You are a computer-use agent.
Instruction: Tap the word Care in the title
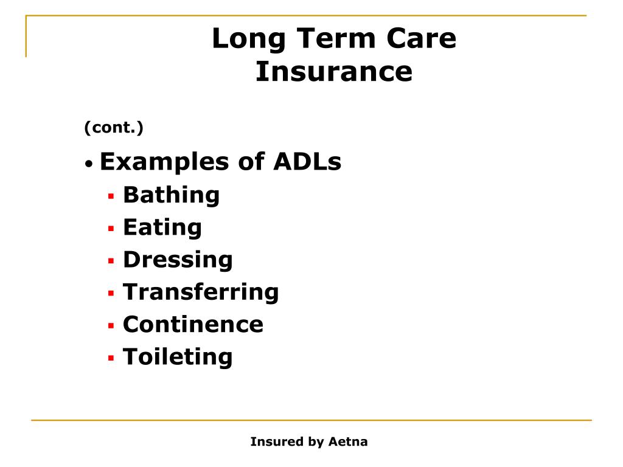pyautogui.click(x=420, y=40)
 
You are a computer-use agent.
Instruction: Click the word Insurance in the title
pyautogui.click(x=333, y=72)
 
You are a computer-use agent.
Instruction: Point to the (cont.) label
pyautogui.click(x=114, y=128)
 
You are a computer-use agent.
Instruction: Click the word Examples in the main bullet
pyautogui.click(x=164, y=162)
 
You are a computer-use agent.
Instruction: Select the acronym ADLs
pyautogui.click(x=307, y=162)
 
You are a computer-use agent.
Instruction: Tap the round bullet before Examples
pyautogui.click(x=89, y=164)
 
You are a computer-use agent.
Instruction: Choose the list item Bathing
pyautogui.click(x=171, y=195)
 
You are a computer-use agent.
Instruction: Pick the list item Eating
pyautogui.click(x=162, y=227)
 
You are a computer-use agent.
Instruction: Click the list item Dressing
pyautogui.click(x=178, y=260)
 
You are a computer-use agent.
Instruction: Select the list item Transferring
pyautogui.click(x=201, y=292)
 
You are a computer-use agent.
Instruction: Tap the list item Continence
pyautogui.click(x=193, y=324)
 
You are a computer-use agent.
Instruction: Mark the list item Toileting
pyautogui.click(x=178, y=356)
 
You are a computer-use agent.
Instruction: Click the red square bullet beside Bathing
pyautogui.click(x=111, y=196)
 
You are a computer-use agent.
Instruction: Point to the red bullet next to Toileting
pyautogui.click(x=111, y=358)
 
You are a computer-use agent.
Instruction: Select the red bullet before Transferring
pyautogui.click(x=111, y=293)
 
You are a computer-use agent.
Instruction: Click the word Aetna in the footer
pyautogui.click(x=348, y=442)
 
